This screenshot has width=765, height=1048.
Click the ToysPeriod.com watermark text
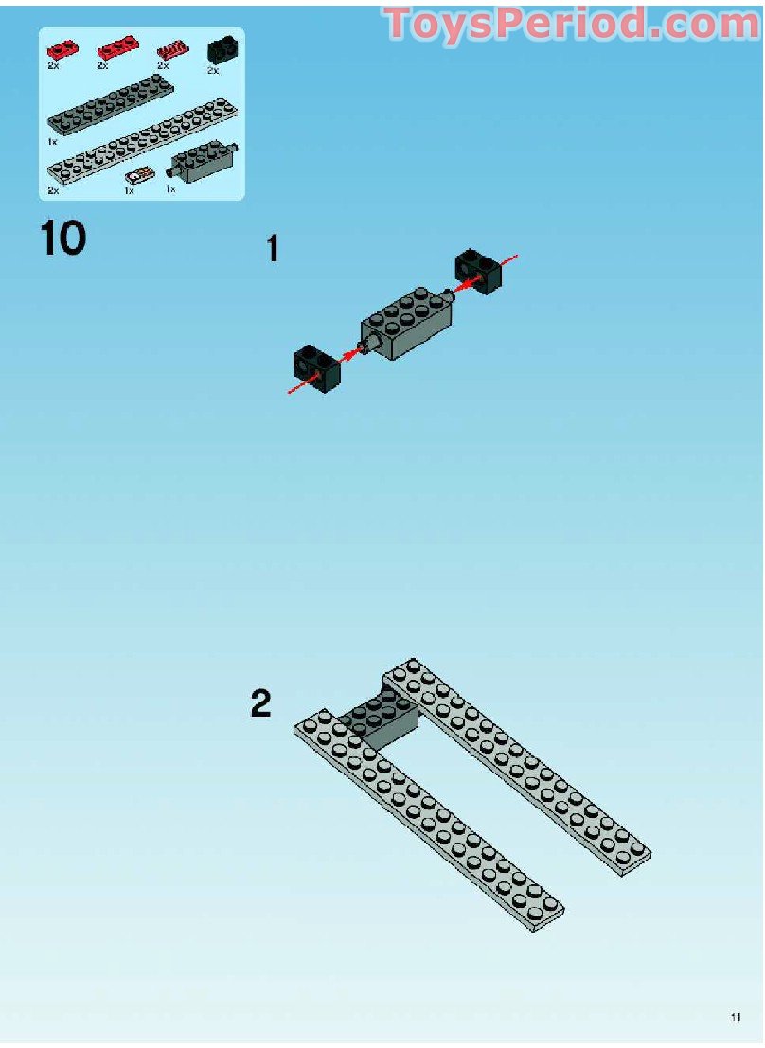(574, 24)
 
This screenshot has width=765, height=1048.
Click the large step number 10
(63, 238)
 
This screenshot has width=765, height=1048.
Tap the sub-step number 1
(272, 249)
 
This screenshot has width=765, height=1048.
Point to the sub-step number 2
(260, 703)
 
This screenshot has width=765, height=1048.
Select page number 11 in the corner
(736, 1018)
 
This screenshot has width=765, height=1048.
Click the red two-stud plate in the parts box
(62, 49)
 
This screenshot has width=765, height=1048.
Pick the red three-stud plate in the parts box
(117, 48)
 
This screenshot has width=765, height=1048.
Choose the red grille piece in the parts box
(172, 50)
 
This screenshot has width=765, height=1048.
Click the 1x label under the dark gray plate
(52, 142)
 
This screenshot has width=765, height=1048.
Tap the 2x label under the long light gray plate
(53, 190)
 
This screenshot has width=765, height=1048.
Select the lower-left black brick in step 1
(317, 368)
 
